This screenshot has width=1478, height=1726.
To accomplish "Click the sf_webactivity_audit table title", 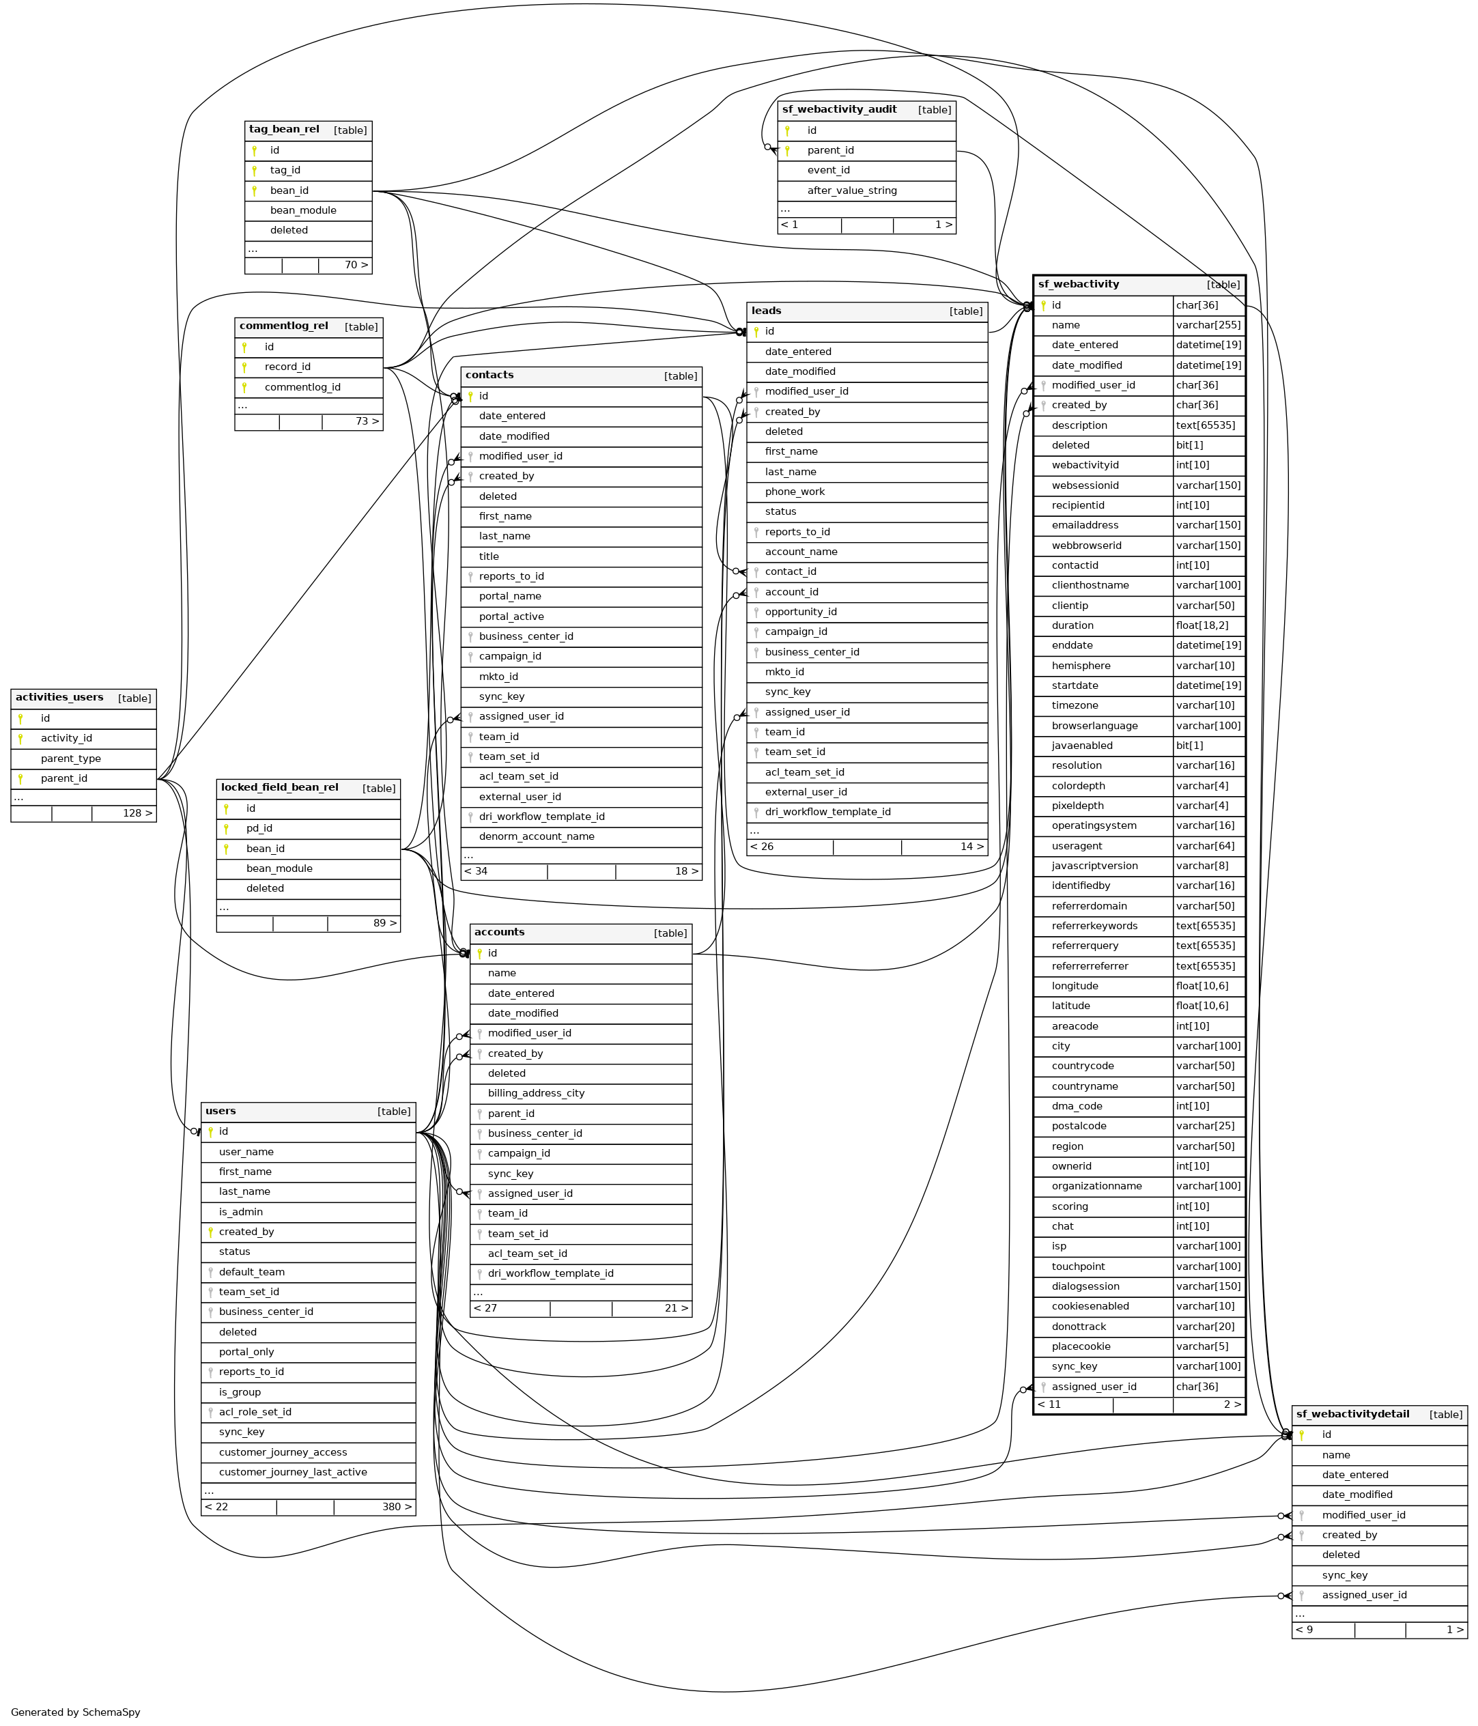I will [x=839, y=109].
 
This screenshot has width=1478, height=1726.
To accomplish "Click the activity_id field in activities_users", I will [x=67, y=738].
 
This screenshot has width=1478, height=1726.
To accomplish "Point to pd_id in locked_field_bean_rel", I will [x=259, y=828].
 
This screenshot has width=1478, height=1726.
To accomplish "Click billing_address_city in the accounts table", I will [x=537, y=1093].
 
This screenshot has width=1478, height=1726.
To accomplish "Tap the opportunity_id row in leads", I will [x=801, y=612].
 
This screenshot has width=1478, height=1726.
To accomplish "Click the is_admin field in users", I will [x=241, y=1212].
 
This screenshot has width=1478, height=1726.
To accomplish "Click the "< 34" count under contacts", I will [x=476, y=871].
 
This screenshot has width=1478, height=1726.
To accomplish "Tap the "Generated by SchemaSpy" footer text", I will [x=76, y=1712].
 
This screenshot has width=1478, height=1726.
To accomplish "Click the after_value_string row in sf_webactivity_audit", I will [x=851, y=190].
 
